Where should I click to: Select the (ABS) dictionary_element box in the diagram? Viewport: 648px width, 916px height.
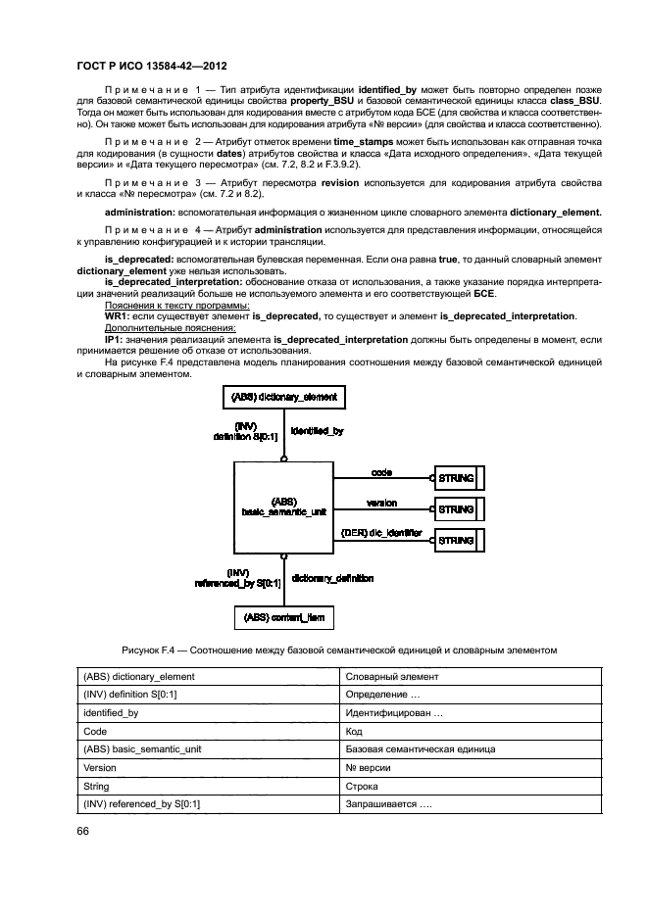pos(283,397)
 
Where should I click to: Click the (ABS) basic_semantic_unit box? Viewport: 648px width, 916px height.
pos(283,506)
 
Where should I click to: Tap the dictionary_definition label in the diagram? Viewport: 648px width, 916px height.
pos(332,579)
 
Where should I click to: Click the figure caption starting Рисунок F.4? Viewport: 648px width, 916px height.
pos(339,650)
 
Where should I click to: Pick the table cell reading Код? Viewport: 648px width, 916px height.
pos(354,732)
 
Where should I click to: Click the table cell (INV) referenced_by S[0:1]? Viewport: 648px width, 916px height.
pos(142,804)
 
